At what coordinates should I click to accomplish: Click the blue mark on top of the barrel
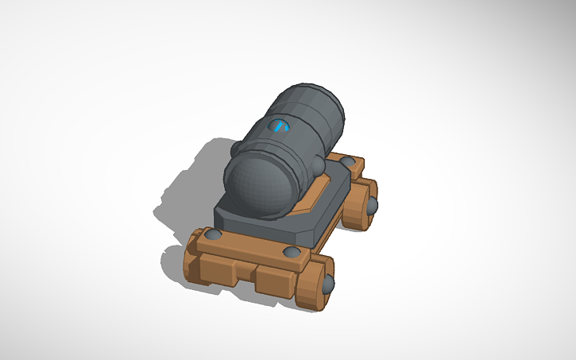point(280,126)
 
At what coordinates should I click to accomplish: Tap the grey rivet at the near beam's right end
point(292,253)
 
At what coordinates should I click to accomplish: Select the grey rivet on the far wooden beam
point(347,162)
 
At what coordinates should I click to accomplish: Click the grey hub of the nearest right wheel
point(328,283)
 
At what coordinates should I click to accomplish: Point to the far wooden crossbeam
point(350,171)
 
